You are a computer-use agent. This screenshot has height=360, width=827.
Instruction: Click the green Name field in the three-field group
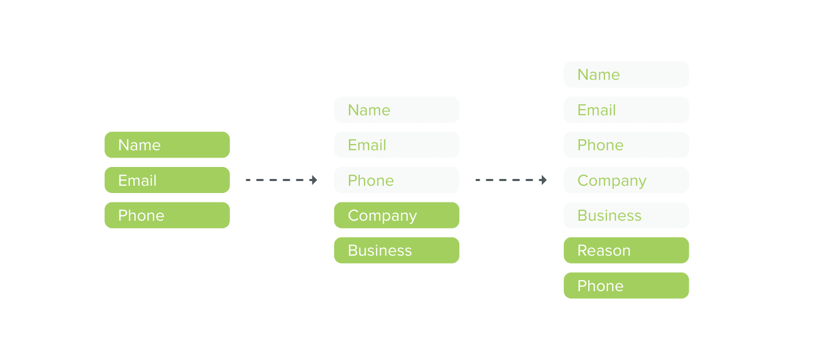pos(167,145)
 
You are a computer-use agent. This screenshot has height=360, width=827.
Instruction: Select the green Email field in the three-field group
pos(167,180)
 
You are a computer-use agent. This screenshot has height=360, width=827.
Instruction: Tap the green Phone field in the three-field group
pos(167,215)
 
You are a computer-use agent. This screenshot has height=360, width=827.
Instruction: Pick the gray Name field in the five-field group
pos(396,110)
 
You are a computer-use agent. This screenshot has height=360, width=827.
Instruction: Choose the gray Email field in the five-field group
pos(396,145)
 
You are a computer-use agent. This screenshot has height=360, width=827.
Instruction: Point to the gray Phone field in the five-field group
pos(396,180)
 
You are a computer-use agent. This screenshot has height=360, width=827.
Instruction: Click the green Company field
pos(396,215)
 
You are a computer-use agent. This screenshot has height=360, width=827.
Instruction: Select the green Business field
pos(396,250)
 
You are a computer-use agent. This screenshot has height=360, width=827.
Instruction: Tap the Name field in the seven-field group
pos(626,75)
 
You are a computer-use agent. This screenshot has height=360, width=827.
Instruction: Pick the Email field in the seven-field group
pos(626,110)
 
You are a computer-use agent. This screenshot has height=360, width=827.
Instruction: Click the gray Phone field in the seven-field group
pos(626,145)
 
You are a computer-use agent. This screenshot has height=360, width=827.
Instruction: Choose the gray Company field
pos(626,180)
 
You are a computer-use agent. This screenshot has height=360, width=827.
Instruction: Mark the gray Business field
pos(626,215)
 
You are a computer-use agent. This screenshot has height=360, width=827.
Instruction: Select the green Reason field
pos(626,250)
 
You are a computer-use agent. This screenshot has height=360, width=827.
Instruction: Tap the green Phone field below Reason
pos(626,286)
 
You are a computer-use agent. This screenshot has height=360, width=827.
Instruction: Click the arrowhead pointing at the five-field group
pos(314,180)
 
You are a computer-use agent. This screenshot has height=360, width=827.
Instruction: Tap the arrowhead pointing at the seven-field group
pos(543,180)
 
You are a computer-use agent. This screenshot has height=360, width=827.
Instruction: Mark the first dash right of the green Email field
pos(248,180)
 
